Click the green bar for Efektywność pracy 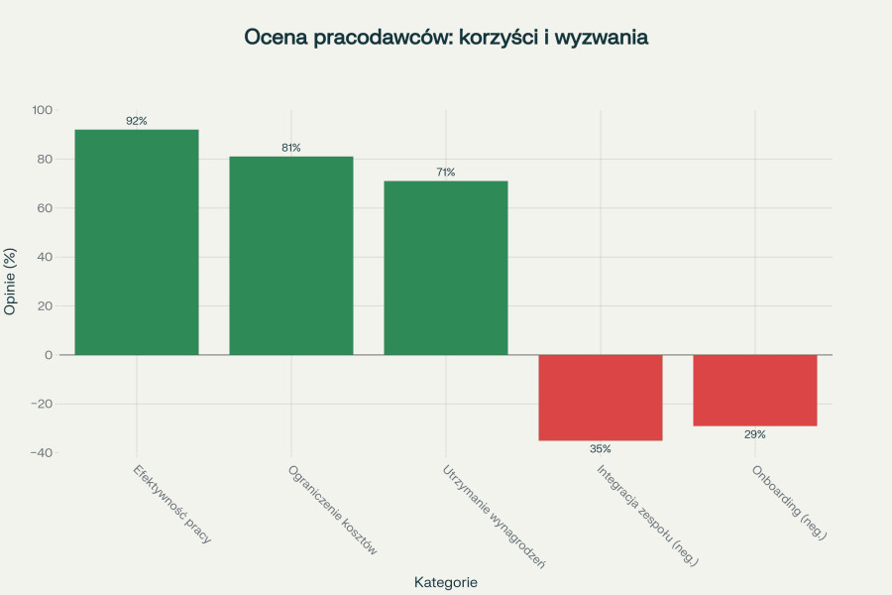(137, 242)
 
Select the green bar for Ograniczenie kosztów (291, 255)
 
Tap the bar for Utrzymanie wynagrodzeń (446, 268)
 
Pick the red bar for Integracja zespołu (601, 397)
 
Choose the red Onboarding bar (755, 390)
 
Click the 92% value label (137, 121)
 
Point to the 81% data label (291, 148)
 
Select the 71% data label (446, 173)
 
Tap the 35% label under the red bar (601, 449)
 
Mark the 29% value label (755, 434)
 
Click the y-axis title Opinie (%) (11, 281)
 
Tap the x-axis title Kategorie (446, 582)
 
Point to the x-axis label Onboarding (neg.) (789, 502)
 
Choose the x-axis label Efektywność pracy (172, 504)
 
